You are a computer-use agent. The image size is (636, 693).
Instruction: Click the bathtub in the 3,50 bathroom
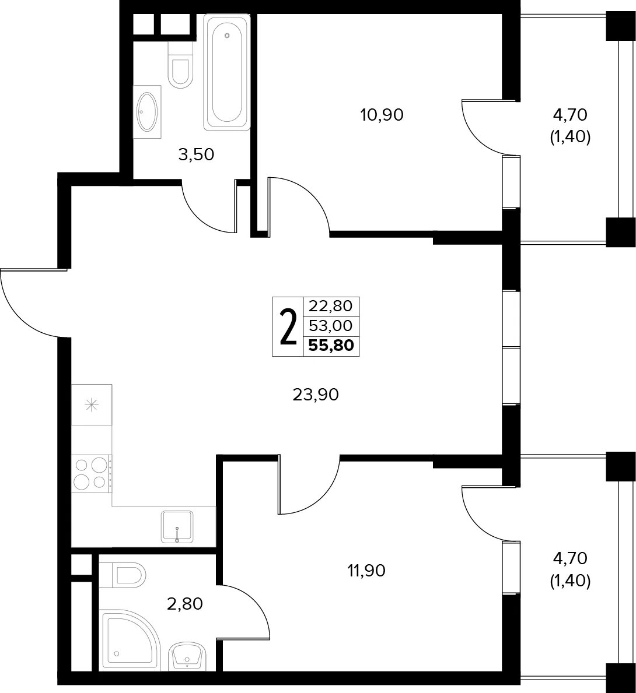[227, 72]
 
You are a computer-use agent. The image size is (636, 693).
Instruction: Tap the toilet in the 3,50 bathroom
[180, 65]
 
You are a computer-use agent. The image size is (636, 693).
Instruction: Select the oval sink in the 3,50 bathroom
[148, 112]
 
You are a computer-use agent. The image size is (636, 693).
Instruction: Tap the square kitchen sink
[177, 527]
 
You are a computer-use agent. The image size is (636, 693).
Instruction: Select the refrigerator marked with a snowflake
[92, 405]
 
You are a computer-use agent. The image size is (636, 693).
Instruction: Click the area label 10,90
[382, 115]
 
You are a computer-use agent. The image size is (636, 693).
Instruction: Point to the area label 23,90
[316, 394]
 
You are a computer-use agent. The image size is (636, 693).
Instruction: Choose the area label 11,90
[366, 571]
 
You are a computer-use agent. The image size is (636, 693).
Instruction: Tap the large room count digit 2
[288, 326]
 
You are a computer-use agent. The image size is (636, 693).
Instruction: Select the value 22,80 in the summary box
[331, 306]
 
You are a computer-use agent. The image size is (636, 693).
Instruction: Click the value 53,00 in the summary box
[331, 326]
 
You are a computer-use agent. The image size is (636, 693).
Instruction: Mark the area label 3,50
[196, 154]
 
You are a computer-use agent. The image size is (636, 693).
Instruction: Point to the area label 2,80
[184, 604]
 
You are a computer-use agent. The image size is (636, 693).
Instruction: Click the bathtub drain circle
[227, 35]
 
